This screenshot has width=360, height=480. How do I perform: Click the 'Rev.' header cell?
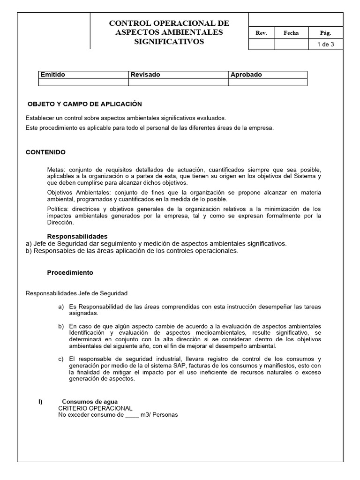point(261,33)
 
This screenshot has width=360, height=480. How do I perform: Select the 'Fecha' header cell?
point(291,33)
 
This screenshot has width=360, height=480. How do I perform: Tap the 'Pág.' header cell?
point(325,33)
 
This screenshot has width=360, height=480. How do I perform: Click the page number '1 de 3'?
point(325,45)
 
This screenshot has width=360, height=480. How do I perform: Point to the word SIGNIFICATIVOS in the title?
point(169,41)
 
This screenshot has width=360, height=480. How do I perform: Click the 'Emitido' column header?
point(53,75)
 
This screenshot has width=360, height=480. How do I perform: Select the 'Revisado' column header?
point(145,75)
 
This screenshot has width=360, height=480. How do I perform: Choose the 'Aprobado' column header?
point(246,75)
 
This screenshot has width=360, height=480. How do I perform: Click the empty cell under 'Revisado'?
point(178,82)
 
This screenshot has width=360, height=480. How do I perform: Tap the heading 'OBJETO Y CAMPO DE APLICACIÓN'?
point(85,104)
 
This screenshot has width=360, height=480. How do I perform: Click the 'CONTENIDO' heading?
point(45,152)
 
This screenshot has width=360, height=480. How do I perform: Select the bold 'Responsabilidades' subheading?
point(77,236)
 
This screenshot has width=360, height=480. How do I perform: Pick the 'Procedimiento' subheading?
point(70,272)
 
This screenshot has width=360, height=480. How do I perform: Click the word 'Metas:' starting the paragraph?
point(58,169)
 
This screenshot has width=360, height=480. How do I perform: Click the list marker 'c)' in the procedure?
point(61,359)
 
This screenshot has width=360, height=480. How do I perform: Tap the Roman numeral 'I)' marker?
point(40,402)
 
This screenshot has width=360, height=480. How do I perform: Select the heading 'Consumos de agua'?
point(90,402)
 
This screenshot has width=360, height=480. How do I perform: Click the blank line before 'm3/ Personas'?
point(132,415)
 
